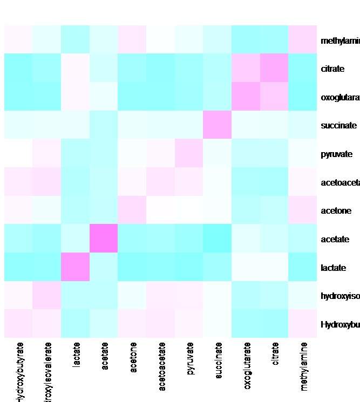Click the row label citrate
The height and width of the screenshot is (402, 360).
point(329,69)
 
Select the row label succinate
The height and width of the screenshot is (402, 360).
point(338,126)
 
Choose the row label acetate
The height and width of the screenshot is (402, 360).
point(335,239)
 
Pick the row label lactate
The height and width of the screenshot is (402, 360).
point(332,268)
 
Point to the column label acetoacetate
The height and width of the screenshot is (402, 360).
point(161,362)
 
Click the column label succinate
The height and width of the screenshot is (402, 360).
point(218,359)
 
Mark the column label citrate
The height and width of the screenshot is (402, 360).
point(275,354)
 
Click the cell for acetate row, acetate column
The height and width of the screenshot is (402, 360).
point(104,239)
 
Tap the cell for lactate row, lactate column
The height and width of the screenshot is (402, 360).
point(76,267)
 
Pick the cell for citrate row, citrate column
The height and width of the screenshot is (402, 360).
point(275,68)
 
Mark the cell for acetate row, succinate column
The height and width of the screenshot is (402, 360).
point(218,239)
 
